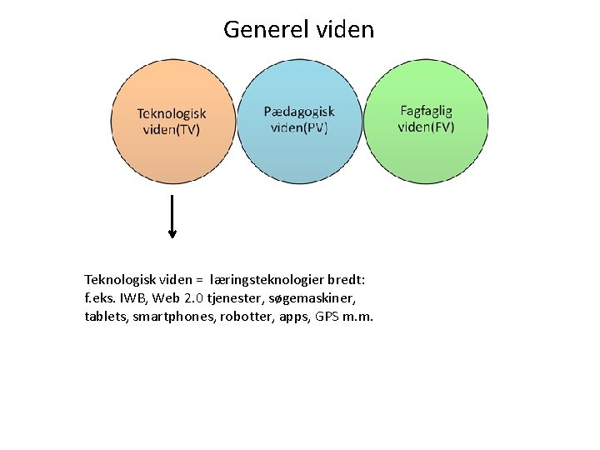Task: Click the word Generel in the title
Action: [266, 30]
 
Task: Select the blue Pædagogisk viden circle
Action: [299, 154]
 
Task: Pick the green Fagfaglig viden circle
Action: [426, 154]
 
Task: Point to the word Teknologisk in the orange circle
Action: [172, 113]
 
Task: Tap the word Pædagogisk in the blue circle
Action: [299, 112]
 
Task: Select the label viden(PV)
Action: [299, 127]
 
